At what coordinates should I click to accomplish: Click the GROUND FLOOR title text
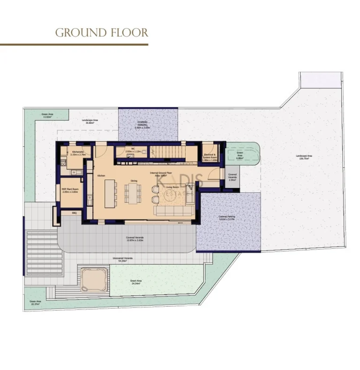[x=102, y=32]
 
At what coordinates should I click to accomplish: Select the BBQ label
[x=74, y=212]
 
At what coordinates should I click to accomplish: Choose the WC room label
[x=133, y=151]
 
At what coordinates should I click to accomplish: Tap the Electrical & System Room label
[x=210, y=157]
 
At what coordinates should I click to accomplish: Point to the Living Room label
[x=173, y=187]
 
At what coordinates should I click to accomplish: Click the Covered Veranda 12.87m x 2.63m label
[x=135, y=239]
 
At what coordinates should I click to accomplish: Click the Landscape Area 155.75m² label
[x=304, y=157]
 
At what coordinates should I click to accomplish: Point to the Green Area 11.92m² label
[x=47, y=115]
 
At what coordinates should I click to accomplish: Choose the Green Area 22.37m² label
[x=35, y=302]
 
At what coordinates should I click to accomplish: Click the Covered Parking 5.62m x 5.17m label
[x=227, y=218]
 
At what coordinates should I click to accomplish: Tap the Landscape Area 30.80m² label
[x=90, y=121]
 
